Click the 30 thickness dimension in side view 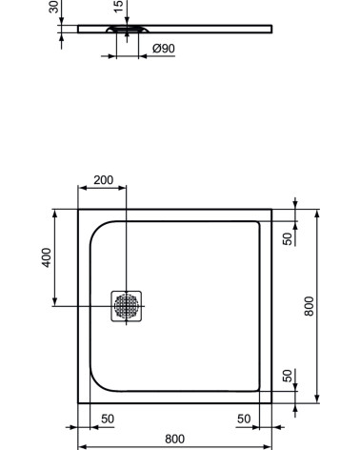click(53, 8)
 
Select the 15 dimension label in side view click(117, 7)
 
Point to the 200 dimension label click(103, 180)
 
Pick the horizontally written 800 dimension click(174, 439)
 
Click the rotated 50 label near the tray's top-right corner click(288, 237)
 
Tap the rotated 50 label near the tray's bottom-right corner click(288, 377)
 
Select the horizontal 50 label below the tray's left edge click(108, 419)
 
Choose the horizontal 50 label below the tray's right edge click(244, 419)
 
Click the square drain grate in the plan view click(126, 306)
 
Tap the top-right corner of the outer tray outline click(271, 210)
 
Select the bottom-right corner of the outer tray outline click(271, 403)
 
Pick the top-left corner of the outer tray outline click(78, 210)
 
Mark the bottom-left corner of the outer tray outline click(78, 403)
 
